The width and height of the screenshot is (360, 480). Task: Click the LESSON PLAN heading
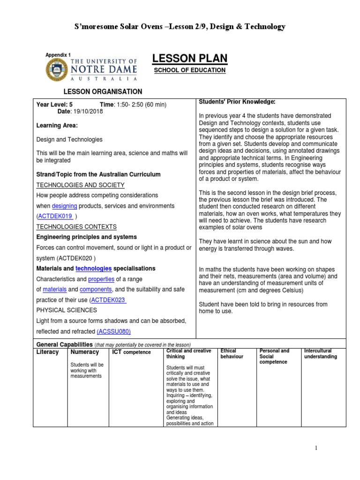click(190, 58)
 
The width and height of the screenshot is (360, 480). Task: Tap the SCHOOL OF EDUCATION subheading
click(190, 70)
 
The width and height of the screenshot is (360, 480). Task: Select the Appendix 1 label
click(58, 55)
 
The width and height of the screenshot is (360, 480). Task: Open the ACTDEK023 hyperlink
click(108, 300)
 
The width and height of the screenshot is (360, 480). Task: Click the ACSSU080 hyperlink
click(114, 331)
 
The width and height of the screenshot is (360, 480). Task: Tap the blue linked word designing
click(64, 206)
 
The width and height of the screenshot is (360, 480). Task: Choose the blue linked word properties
click(101, 279)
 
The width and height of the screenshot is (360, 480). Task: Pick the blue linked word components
click(96, 290)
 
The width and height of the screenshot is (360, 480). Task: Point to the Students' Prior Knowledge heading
click(231, 102)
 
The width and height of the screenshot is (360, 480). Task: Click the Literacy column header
click(47, 352)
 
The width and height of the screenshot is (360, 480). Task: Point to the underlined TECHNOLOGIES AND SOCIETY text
click(80, 185)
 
